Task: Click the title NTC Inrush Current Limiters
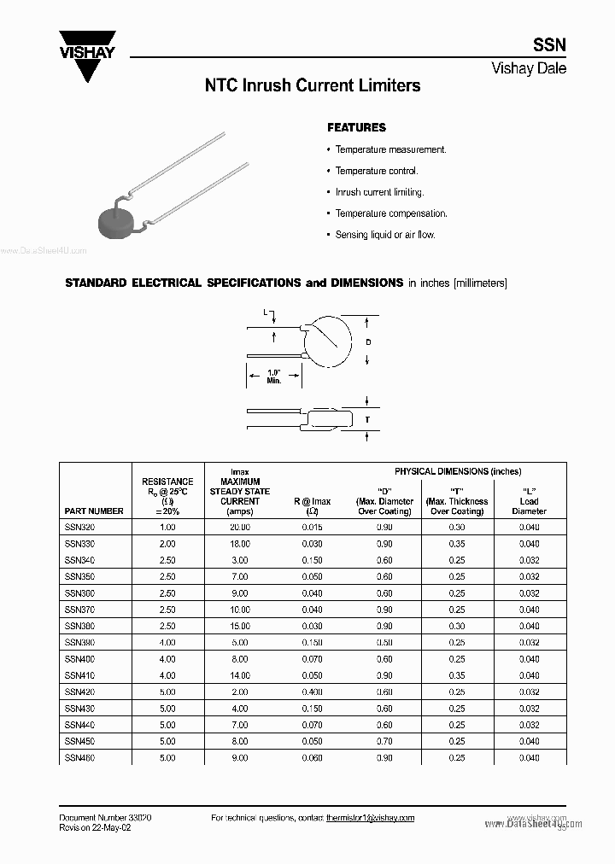[312, 86]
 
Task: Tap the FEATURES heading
[356, 127]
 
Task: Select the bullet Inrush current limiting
[379, 192]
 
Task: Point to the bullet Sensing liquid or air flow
[385, 235]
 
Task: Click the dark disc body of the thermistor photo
[118, 221]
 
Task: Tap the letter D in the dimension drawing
[368, 342]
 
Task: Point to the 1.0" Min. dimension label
[273, 377]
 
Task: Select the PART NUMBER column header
[94, 511]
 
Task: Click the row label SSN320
[81, 528]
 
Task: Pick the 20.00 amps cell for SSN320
[239, 528]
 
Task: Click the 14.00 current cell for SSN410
[239, 675]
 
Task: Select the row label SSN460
[81, 757]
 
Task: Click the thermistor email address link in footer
[370, 818]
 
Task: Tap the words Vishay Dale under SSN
[529, 69]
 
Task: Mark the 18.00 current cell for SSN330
[239, 544]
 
